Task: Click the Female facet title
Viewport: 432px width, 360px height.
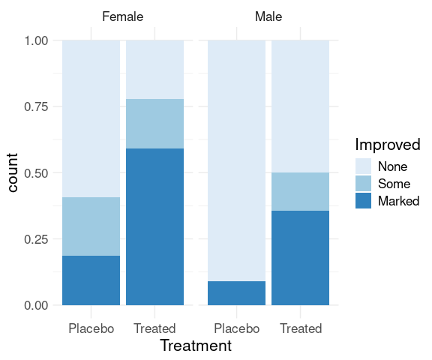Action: point(122,16)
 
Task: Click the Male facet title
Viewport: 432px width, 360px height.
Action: point(268,16)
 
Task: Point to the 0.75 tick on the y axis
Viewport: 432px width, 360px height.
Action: point(36,106)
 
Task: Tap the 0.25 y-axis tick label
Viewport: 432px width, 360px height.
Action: point(36,239)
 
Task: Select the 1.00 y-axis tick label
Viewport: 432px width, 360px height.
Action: point(36,40)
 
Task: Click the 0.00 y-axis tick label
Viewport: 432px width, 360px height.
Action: point(36,305)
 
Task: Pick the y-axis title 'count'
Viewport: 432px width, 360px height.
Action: point(12,172)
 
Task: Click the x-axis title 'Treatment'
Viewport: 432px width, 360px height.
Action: point(196,346)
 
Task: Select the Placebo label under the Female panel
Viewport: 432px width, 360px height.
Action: point(91,328)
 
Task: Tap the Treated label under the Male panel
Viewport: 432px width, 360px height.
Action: point(301,328)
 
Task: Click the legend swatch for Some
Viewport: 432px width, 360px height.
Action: point(363,184)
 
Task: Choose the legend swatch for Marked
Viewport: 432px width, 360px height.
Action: point(363,200)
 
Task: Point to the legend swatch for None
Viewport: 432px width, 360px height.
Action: point(363,166)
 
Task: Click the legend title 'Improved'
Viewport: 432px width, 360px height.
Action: point(388,144)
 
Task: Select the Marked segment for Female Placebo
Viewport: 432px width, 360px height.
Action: point(91,280)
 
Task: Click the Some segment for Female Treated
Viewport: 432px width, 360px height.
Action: point(154,124)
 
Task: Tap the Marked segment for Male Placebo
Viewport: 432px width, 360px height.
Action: point(237,293)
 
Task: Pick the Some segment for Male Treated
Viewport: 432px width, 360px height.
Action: point(300,192)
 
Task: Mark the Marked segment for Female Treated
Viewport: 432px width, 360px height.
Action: point(154,226)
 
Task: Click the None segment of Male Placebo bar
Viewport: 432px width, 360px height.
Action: point(237,160)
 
